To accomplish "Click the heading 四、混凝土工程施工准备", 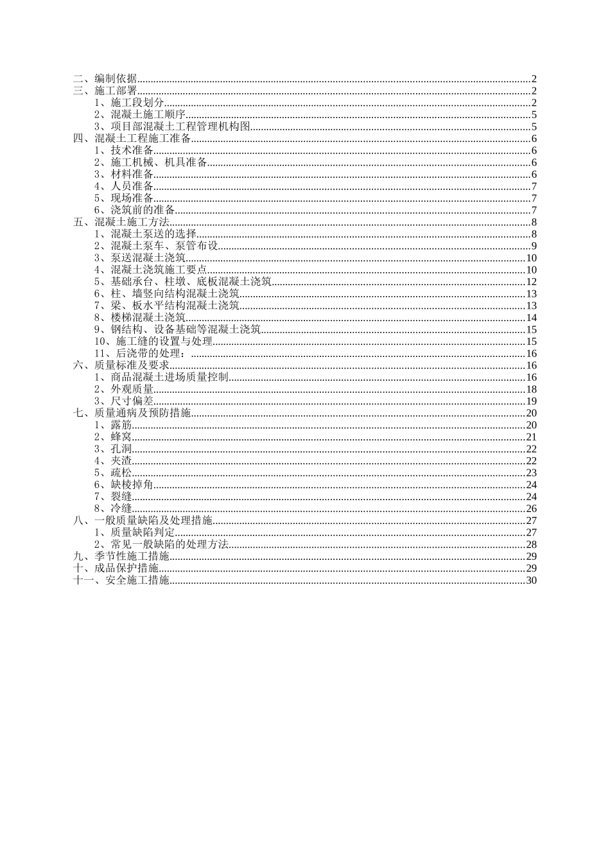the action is point(132,139).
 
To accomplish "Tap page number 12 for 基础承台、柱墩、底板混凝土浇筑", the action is point(531,282).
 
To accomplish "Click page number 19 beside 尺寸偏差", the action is point(531,401).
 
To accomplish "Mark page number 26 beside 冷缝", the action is point(531,509).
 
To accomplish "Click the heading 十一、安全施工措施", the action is point(121,580).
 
